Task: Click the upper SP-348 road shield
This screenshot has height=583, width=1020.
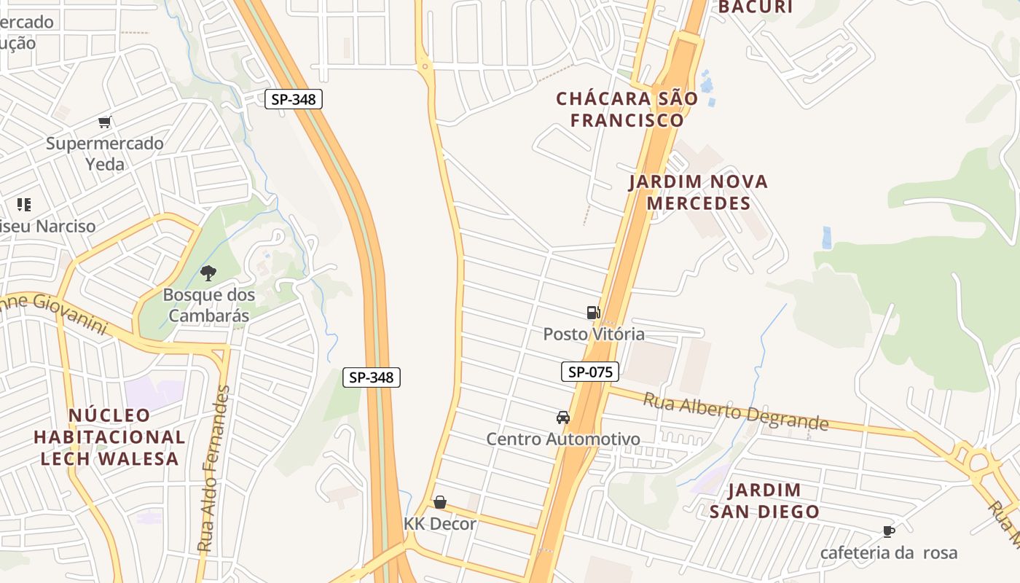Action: (x=293, y=99)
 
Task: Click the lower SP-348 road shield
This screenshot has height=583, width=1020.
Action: (x=372, y=377)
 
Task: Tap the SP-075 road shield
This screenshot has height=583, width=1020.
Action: (x=590, y=372)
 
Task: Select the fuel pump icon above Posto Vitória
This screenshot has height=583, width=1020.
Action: (x=594, y=313)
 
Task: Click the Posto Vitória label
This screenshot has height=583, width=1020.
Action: (x=594, y=334)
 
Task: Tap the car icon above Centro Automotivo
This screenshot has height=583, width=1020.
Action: (x=562, y=418)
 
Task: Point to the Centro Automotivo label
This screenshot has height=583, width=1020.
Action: (x=563, y=439)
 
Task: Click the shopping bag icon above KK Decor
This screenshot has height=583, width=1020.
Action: (x=439, y=502)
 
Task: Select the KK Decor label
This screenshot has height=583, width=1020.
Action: (x=440, y=524)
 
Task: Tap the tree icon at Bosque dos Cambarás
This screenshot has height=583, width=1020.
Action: (x=208, y=273)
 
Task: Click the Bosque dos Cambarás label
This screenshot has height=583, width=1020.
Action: (x=208, y=305)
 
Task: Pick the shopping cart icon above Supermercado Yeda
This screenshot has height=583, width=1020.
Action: (x=105, y=122)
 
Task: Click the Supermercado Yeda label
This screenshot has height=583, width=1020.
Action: (x=105, y=154)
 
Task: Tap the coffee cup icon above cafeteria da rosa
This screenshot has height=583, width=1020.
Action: (x=888, y=531)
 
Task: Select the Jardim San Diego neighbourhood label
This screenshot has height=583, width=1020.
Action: (x=764, y=501)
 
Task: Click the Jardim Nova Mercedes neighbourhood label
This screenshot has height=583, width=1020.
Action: (x=698, y=192)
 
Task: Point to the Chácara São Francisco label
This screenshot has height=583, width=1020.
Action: (x=627, y=109)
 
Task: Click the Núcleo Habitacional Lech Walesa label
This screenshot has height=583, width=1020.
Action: (x=109, y=437)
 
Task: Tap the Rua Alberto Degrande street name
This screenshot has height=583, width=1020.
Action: (x=736, y=412)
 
